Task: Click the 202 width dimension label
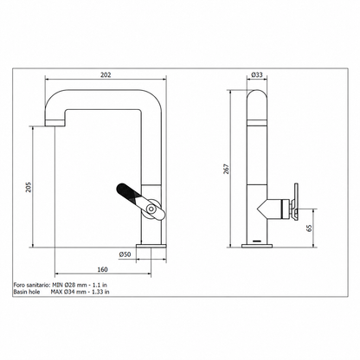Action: [106, 74]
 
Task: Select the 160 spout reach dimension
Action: [102, 269]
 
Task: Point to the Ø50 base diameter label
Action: [125, 254]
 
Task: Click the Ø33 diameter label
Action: [257, 74]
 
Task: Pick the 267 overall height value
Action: [227, 169]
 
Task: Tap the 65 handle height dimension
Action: [309, 228]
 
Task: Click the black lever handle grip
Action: [127, 191]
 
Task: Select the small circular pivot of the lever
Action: [151, 208]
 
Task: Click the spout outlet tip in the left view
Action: [55, 124]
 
